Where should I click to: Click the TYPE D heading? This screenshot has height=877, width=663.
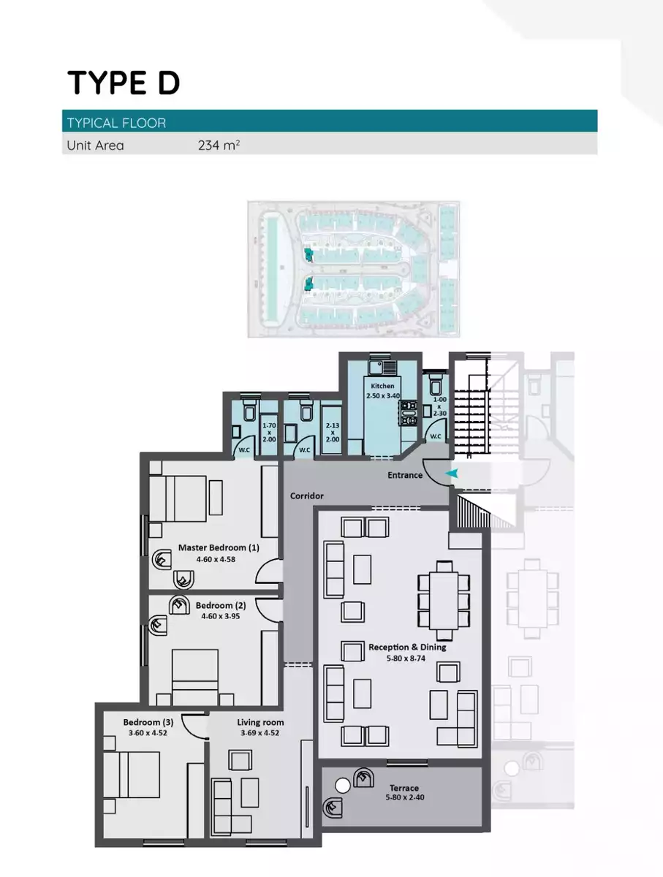[124, 83]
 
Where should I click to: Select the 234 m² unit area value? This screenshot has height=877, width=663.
[219, 145]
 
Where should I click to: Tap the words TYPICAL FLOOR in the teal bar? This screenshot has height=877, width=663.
[116, 122]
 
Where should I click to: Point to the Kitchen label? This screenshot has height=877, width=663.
[382, 386]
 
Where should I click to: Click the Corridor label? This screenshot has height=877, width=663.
[306, 496]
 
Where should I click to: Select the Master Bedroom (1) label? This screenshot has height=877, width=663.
[219, 547]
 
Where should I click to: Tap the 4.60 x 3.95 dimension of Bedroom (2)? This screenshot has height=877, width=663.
[220, 616]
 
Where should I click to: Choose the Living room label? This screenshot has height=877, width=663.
[260, 722]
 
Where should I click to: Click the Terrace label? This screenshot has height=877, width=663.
[404, 788]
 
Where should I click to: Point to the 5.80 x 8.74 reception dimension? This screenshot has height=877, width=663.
[406, 658]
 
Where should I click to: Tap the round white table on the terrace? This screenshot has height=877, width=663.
[342, 786]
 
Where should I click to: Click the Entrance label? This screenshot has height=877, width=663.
[405, 475]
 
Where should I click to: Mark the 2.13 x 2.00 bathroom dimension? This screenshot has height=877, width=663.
[332, 433]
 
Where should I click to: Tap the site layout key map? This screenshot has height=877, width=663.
[353, 268]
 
